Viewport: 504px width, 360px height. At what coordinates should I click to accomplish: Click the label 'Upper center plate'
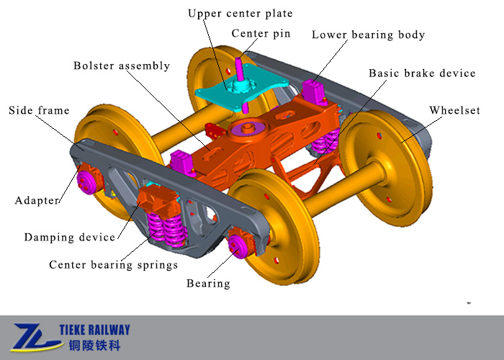click(x=240, y=14)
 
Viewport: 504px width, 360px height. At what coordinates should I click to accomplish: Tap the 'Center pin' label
click(x=261, y=34)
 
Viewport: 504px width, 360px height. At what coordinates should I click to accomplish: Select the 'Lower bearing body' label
click(x=368, y=35)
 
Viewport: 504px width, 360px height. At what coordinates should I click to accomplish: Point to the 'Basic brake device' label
click(x=422, y=73)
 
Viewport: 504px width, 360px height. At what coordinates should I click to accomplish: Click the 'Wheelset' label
click(x=456, y=110)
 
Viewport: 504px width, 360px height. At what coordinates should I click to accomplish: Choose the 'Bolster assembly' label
click(x=122, y=66)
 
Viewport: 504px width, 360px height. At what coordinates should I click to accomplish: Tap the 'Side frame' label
click(x=39, y=110)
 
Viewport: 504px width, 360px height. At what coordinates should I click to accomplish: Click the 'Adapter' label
click(x=37, y=200)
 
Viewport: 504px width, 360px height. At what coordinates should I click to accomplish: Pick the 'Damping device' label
click(x=69, y=237)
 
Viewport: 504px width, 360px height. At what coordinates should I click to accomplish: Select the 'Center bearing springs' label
click(x=113, y=265)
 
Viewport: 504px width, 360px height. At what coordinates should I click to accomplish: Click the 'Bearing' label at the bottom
click(x=208, y=283)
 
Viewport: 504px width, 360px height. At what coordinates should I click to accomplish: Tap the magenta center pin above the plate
click(x=239, y=69)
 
